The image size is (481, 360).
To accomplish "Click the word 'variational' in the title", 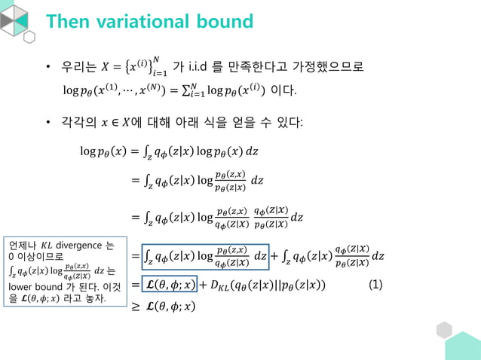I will pos(149,21).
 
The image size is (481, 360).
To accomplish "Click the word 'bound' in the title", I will pos(225,21).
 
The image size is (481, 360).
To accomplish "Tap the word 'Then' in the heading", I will pos(69,21).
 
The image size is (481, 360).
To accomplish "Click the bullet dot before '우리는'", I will pos(47,69).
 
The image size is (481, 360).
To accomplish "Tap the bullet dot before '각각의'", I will pos(47,121).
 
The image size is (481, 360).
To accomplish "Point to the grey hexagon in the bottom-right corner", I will pos(444,330).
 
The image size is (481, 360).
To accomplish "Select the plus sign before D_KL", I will pos(204,285).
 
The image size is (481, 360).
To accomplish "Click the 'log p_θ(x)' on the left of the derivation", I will pos(103,151).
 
